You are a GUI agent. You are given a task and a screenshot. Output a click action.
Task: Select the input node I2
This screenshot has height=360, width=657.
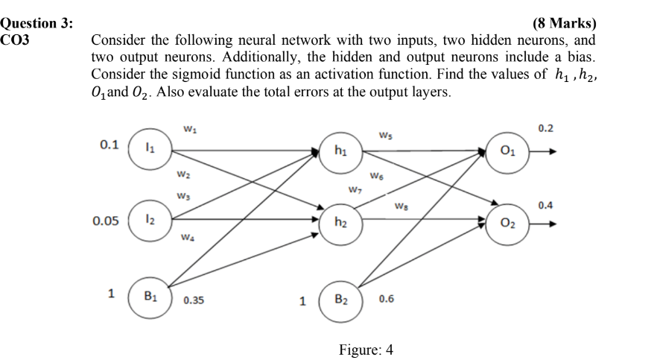click(x=149, y=222)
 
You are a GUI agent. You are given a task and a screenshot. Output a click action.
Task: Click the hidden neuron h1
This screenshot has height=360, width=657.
click(x=340, y=151)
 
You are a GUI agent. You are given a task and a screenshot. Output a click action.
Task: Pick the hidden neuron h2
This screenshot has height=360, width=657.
click(x=340, y=222)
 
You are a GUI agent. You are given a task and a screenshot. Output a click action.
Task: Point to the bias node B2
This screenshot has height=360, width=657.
click(x=340, y=300)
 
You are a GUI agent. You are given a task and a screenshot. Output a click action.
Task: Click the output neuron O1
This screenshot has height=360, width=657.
click(x=507, y=151)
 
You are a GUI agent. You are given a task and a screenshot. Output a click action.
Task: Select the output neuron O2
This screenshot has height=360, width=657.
click(x=507, y=222)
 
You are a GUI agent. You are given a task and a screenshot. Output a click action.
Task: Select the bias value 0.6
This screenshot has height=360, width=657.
click(x=387, y=300)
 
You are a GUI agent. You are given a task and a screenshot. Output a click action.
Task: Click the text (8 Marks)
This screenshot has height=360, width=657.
click(x=565, y=23)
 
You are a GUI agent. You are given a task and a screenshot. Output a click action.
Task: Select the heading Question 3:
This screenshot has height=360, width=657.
click(x=37, y=23)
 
